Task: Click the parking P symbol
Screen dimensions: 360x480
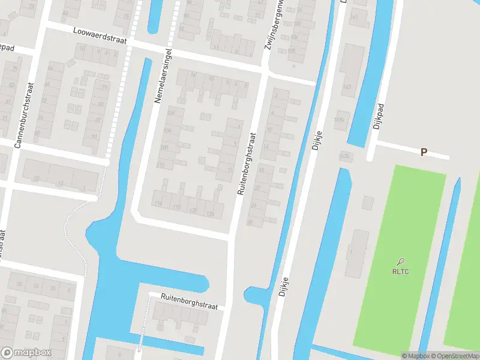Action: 424,152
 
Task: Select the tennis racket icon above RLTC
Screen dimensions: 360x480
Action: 400,261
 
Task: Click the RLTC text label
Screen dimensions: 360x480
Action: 400,271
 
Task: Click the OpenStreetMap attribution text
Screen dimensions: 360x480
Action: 455,356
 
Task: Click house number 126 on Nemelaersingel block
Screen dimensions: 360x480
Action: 210,214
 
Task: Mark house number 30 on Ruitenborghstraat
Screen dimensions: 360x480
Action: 250,223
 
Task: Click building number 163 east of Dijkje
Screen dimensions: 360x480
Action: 347,86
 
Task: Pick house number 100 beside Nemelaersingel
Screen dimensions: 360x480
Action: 172,112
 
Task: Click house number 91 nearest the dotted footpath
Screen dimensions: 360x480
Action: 95,137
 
